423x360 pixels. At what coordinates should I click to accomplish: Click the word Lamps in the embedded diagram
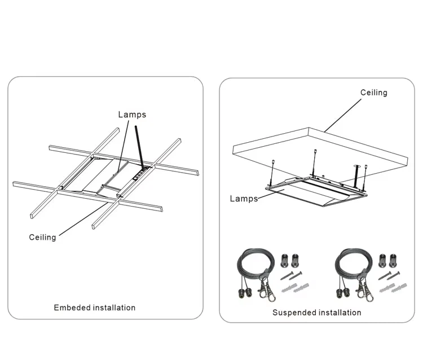(x=132, y=115)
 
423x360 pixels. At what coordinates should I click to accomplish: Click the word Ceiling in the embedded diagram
(x=42, y=238)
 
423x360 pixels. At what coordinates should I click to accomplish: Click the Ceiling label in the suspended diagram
(x=374, y=93)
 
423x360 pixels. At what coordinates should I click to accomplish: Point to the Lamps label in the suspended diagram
(x=243, y=199)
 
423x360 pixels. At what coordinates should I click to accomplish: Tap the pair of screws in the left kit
(x=292, y=276)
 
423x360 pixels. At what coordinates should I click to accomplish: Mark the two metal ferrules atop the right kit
(x=388, y=260)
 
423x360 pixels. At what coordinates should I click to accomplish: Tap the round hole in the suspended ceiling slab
(x=356, y=166)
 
